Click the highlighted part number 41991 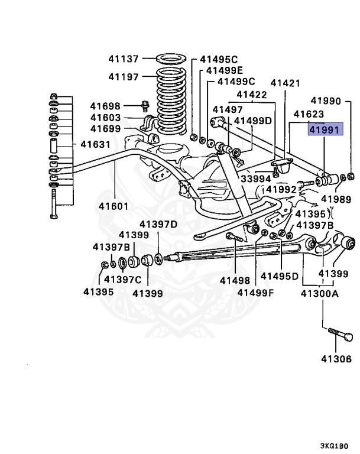click(325, 129)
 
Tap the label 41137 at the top click(123, 59)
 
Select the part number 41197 click(123, 77)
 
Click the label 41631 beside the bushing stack click(95, 144)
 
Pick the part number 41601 click(114, 206)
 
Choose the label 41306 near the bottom click(336, 358)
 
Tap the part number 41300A click(320, 293)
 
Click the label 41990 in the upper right click(326, 101)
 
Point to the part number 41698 click(105, 106)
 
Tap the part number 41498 click(235, 280)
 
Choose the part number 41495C click(218, 59)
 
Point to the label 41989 click(336, 200)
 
